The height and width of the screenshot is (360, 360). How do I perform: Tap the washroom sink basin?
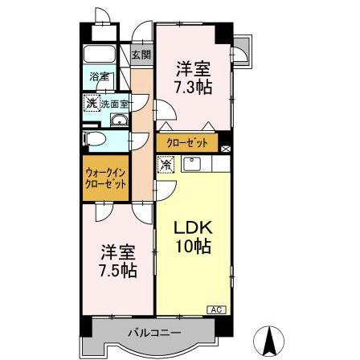click(x=121, y=121)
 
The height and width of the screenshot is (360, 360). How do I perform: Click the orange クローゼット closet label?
click(x=188, y=143)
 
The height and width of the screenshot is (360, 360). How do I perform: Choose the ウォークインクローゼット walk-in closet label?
click(x=106, y=178)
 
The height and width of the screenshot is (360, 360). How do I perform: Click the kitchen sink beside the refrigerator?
click(x=193, y=165)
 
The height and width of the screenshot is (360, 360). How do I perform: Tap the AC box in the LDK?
click(x=215, y=309)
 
